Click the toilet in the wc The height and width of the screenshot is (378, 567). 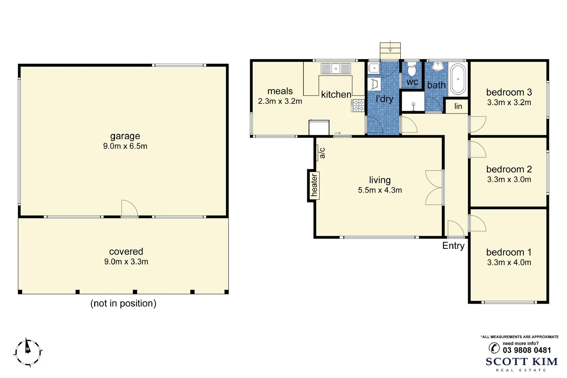412,70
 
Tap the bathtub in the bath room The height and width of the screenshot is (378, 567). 458,79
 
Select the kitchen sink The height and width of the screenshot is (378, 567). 336,69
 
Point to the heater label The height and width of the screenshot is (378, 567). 314,185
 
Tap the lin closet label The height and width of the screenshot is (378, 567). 458,106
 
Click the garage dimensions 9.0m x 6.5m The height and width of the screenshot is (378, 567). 125,146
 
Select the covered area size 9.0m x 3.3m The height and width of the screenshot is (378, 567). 126,262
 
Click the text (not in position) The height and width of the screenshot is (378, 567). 123,303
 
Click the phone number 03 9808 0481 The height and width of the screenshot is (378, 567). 526,350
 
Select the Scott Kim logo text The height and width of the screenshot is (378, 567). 521,362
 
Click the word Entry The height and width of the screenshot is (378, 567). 453,246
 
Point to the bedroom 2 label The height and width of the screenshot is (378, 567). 509,169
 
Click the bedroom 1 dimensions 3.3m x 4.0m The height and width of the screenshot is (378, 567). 509,262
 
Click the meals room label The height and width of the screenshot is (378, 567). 280,91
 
